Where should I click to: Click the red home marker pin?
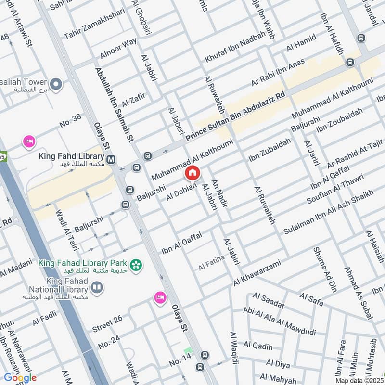(x=192, y=173)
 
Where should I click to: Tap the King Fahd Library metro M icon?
(x=112, y=159)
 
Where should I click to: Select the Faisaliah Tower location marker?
(x=56, y=85)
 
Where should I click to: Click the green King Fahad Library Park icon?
(x=137, y=264)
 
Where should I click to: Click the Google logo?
(x=20, y=378)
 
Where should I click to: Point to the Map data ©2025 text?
(x=359, y=380)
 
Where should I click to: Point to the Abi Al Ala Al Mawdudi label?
(x=279, y=322)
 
